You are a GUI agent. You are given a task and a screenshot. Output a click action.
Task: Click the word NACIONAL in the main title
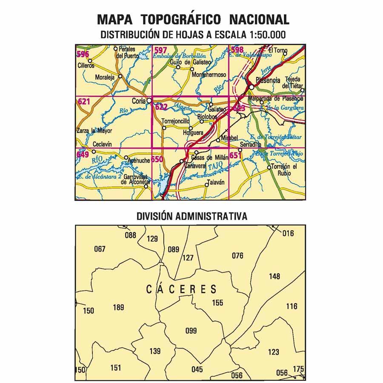(259, 20)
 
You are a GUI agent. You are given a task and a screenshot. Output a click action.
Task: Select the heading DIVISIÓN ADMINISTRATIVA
(191, 216)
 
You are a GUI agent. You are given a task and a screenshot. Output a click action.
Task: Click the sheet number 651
(235, 155)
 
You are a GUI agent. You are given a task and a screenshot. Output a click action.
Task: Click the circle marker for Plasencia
(252, 87)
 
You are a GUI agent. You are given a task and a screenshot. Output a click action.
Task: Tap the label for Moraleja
(106, 78)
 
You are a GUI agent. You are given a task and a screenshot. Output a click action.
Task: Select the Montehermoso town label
(209, 74)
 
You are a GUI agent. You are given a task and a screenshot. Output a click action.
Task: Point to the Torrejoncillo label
(175, 121)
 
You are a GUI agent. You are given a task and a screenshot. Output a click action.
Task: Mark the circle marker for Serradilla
(240, 149)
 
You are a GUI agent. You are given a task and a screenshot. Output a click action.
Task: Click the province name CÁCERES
(181, 290)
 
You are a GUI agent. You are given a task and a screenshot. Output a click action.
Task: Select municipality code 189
(119, 307)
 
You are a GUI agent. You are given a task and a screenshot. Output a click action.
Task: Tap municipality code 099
(191, 331)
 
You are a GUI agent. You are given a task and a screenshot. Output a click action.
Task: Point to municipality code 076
(237, 256)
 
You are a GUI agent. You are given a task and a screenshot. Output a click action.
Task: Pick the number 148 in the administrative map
(274, 277)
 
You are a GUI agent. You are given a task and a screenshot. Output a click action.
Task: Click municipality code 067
(100, 249)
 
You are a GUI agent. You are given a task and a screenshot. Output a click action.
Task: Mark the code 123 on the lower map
(273, 352)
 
